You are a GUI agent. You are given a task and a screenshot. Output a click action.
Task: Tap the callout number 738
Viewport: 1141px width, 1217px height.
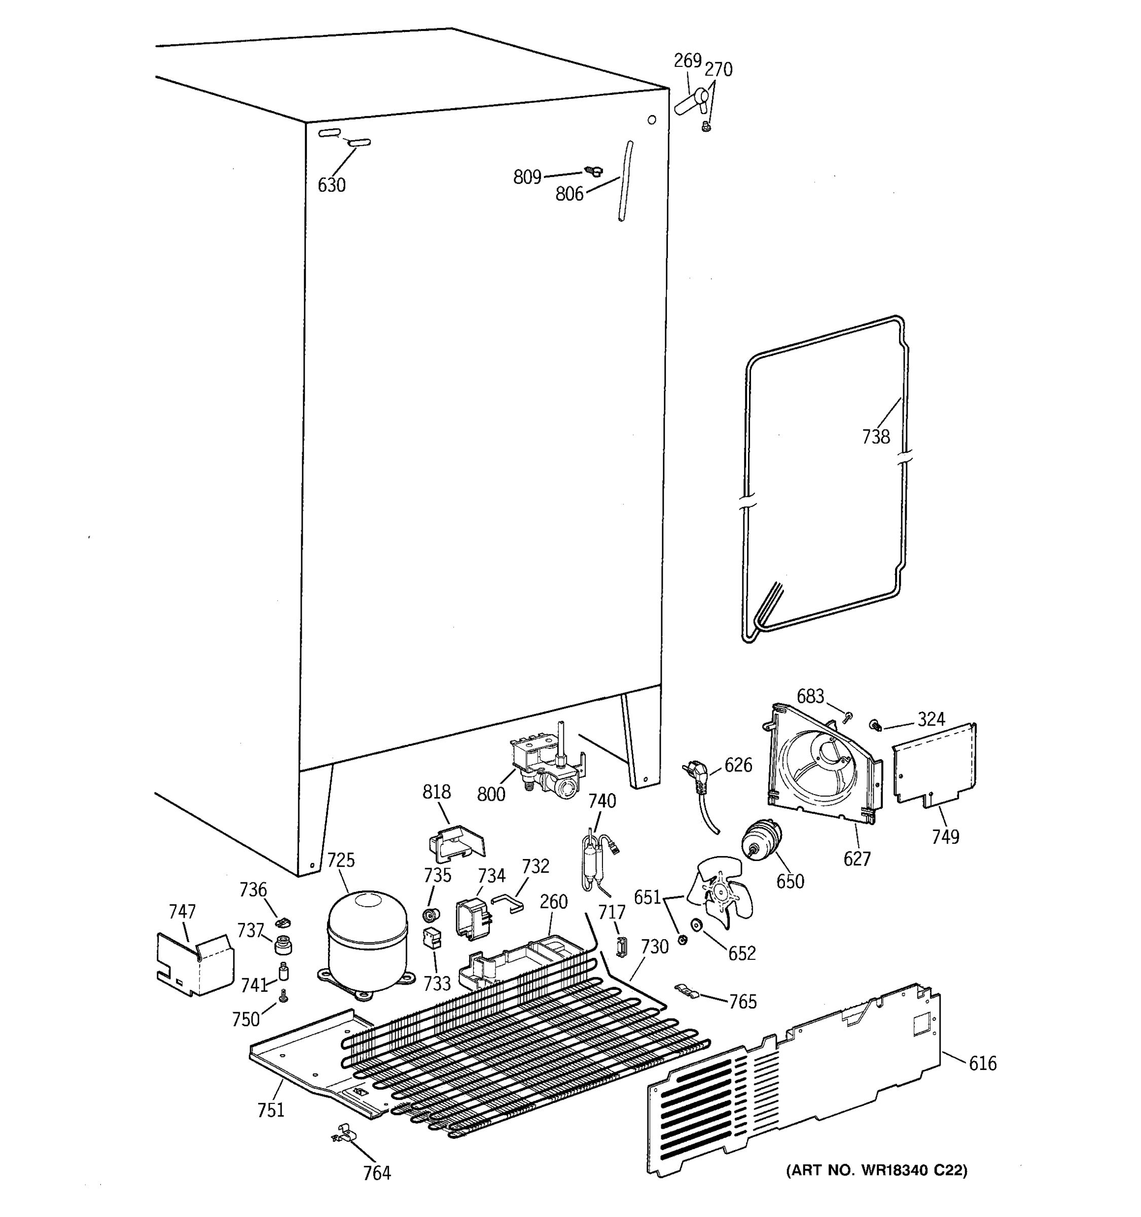pyautogui.click(x=875, y=437)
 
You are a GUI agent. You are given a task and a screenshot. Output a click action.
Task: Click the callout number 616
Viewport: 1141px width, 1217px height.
pyautogui.click(x=982, y=1063)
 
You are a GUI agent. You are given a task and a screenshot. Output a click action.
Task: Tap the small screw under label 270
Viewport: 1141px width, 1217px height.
pyautogui.click(x=707, y=127)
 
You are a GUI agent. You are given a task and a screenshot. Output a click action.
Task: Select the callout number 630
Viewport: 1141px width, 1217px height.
pyautogui.click(x=331, y=185)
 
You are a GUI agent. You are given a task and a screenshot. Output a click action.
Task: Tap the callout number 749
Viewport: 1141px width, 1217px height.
pyautogui.click(x=945, y=836)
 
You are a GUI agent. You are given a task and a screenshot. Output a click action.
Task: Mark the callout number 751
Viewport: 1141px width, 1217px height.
pyautogui.click(x=271, y=1110)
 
